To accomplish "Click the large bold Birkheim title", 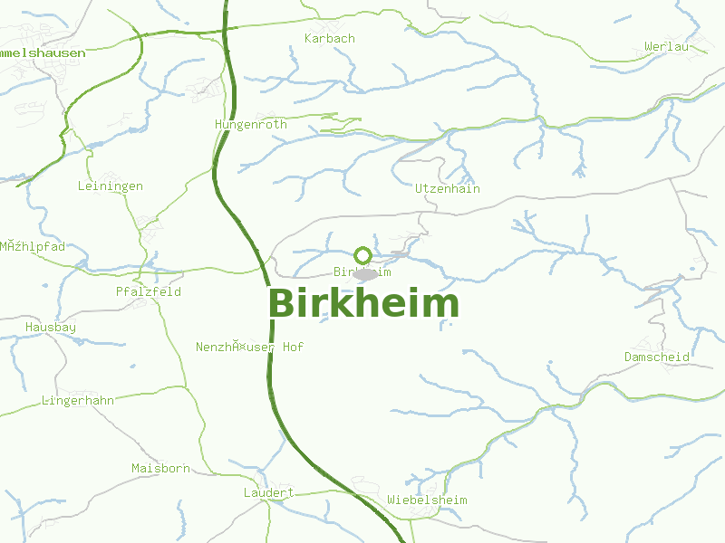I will pyautogui.click(x=363, y=304).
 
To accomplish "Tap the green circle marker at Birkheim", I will pyautogui.click(x=362, y=255).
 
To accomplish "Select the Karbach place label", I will pyautogui.click(x=330, y=39).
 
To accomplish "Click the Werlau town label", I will pyautogui.click(x=666, y=46).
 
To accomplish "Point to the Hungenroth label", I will pyautogui.click(x=251, y=124).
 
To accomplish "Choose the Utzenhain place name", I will pyautogui.click(x=448, y=189).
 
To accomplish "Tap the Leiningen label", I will pyautogui.click(x=111, y=186).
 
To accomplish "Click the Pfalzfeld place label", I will pyautogui.click(x=149, y=292).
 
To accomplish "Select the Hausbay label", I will pyautogui.click(x=51, y=327).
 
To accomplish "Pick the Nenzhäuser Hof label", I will pyautogui.click(x=250, y=348).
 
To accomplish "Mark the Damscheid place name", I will pyautogui.click(x=657, y=357).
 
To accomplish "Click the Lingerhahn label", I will pyautogui.click(x=78, y=400).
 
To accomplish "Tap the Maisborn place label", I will pyautogui.click(x=161, y=469).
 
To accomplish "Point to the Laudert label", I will pyautogui.click(x=269, y=493).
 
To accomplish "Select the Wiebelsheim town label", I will pyautogui.click(x=427, y=500).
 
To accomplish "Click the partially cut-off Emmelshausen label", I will pyautogui.click(x=43, y=53).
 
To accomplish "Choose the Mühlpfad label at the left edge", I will pyautogui.click(x=33, y=246).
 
